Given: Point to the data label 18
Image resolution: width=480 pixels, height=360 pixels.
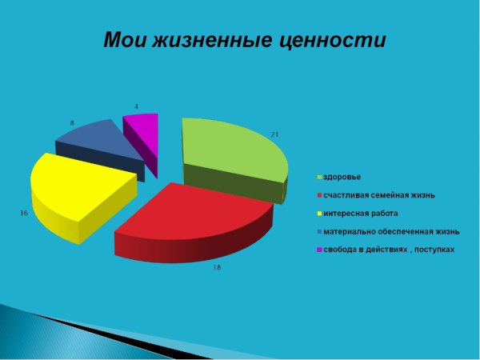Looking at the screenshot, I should click(x=216, y=267).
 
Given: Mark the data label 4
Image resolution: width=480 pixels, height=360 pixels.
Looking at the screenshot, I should click(x=136, y=106).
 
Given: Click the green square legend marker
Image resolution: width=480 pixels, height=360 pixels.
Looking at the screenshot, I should click(x=318, y=176).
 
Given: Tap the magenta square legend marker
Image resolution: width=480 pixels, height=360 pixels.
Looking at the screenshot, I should click(x=318, y=250).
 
